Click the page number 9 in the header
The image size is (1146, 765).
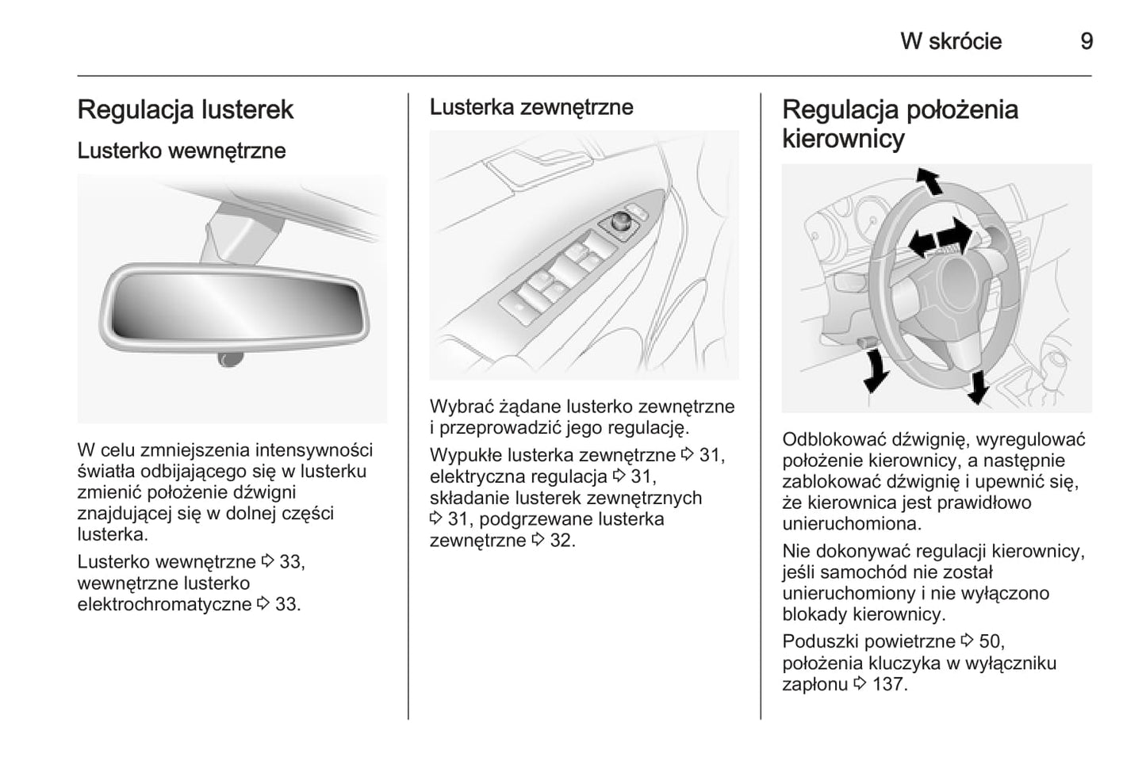(x=1087, y=41)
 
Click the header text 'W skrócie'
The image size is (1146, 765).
(x=950, y=41)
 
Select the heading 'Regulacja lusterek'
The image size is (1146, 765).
(x=185, y=109)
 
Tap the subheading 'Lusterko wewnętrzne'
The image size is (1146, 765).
(x=181, y=151)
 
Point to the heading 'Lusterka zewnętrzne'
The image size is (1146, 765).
(x=531, y=107)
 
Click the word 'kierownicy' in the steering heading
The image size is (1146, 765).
(x=843, y=139)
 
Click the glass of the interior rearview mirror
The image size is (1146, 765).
(x=234, y=305)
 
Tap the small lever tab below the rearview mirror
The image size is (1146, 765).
(x=230, y=361)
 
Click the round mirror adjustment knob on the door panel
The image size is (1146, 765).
(x=621, y=221)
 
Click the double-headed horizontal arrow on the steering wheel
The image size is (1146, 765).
(x=941, y=237)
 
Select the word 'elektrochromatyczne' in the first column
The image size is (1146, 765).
(x=164, y=604)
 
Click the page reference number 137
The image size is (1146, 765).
(x=888, y=684)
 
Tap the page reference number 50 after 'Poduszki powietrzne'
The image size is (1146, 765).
(x=991, y=641)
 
